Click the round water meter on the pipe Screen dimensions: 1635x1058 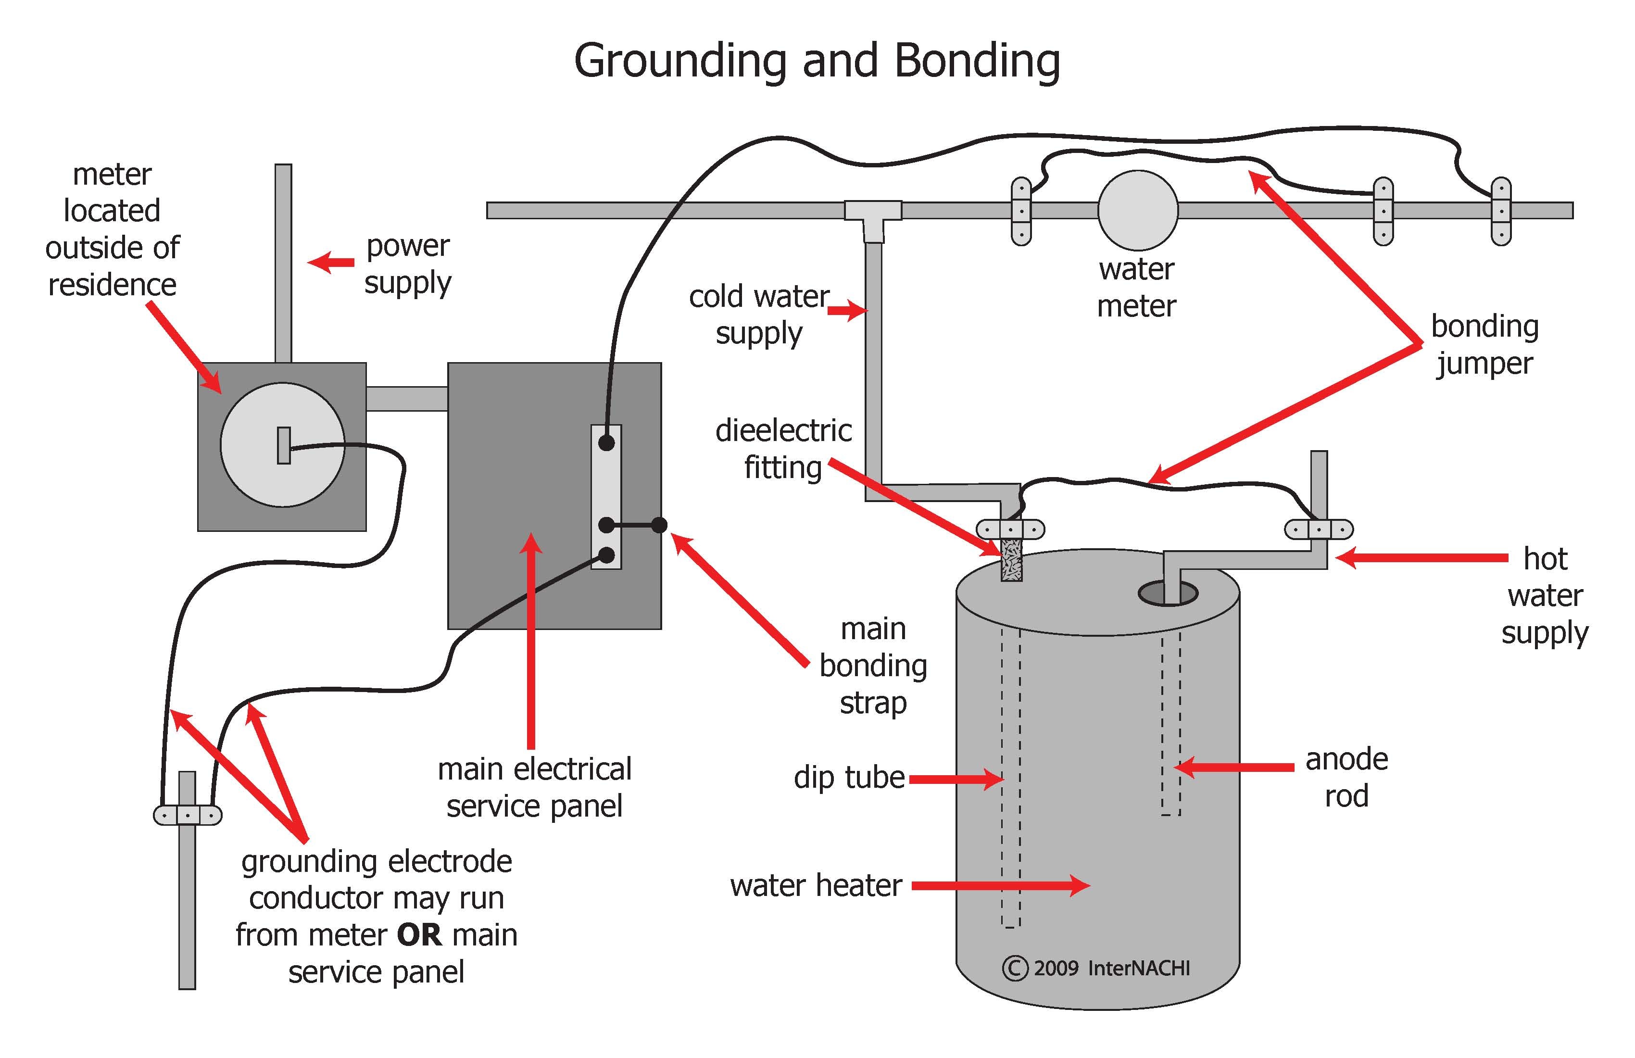tap(1138, 210)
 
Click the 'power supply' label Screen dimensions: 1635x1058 tap(408, 264)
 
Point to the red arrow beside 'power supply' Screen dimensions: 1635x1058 tap(331, 263)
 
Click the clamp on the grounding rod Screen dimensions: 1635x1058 tap(188, 815)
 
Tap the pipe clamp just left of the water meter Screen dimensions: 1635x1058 tap(1021, 211)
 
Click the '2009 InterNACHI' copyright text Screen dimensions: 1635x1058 tap(1096, 968)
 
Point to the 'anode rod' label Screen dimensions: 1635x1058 tap(1346, 778)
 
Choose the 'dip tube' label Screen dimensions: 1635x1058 tap(849, 778)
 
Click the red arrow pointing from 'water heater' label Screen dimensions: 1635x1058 tap(1001, 885)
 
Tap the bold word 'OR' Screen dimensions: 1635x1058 tap(419, 935)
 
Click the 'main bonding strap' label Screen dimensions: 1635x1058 tap(873, 666)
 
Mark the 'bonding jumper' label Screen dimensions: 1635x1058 tap(1484, 345)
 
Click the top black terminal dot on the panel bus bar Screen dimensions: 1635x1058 tap(606, 443)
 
